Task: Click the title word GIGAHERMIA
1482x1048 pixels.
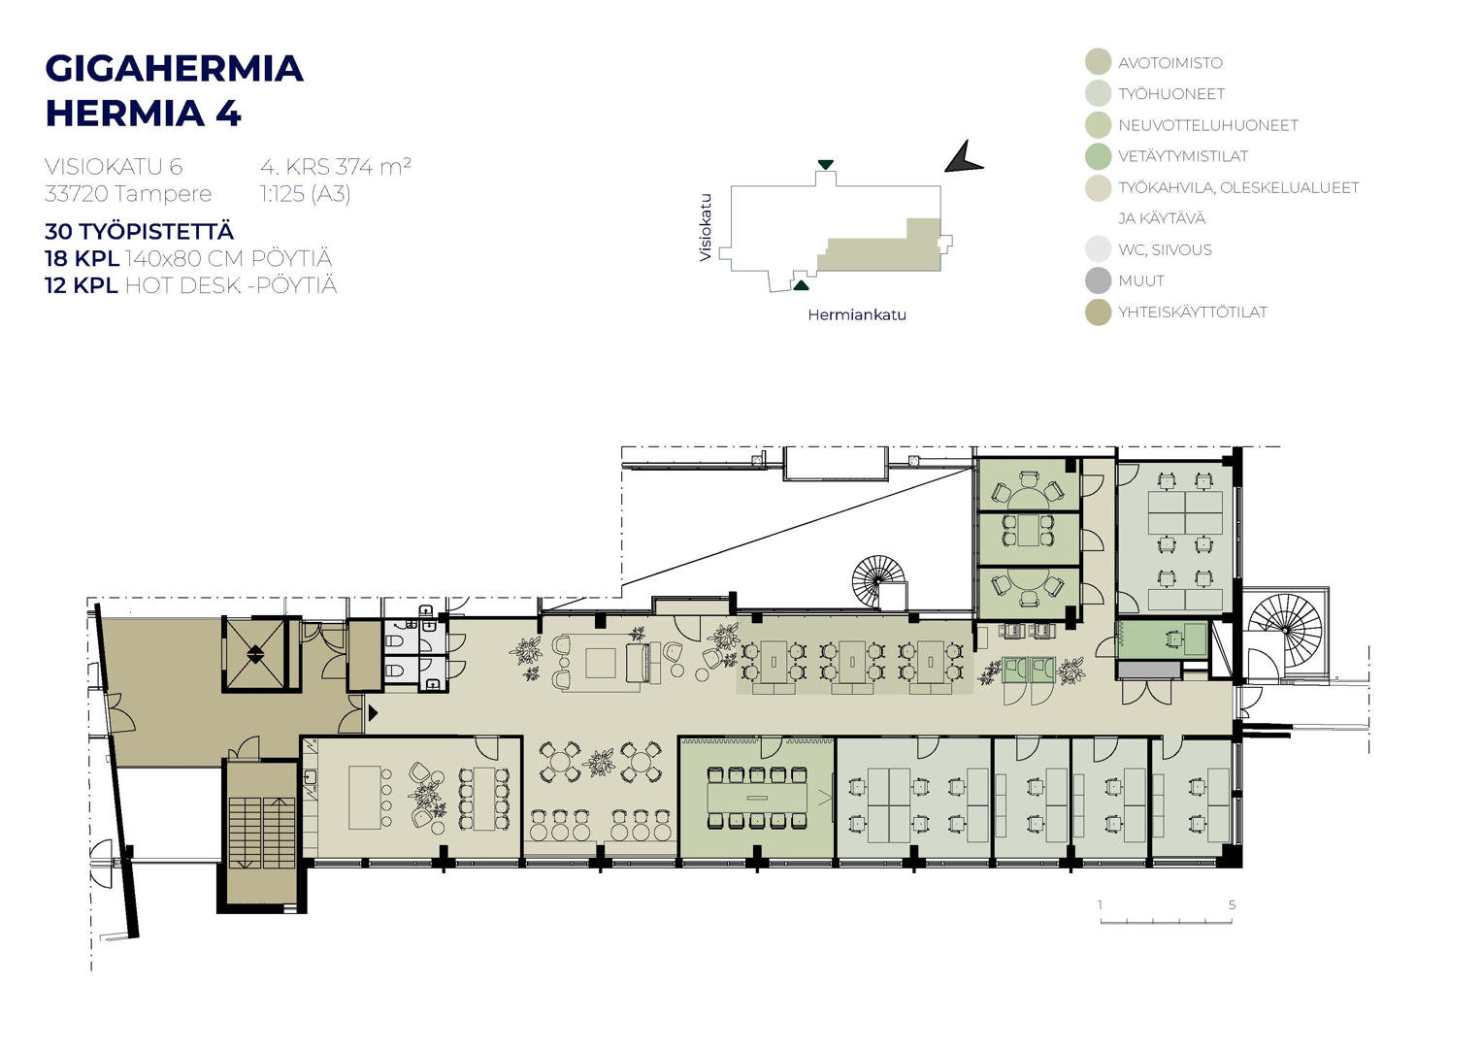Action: [174, 69]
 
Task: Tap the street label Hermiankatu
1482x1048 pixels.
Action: [857, 315]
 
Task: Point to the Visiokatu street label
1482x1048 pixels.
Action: [706, 227]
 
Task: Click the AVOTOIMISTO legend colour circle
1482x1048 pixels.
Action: [1099, 61]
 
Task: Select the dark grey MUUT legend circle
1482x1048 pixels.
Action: [1099, 280]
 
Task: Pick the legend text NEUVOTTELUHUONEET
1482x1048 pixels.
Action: [1208, 125]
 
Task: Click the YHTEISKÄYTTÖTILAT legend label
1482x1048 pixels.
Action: [1193, 311]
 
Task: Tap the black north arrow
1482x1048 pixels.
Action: [964, 157]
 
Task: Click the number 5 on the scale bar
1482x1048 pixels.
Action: [1232, 904]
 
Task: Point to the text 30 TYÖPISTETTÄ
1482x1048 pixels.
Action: [139, 232]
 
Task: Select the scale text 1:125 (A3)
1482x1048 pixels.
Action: [305, 194]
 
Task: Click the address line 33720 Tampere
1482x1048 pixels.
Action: [128, 193]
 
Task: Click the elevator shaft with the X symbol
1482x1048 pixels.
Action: [255, 654]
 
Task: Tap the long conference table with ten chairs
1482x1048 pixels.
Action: [757, 798]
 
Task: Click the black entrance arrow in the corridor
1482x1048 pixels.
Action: [373, 713]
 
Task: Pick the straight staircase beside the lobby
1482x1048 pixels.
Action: [262, 834]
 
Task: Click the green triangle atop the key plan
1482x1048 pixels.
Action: [825, 164]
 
